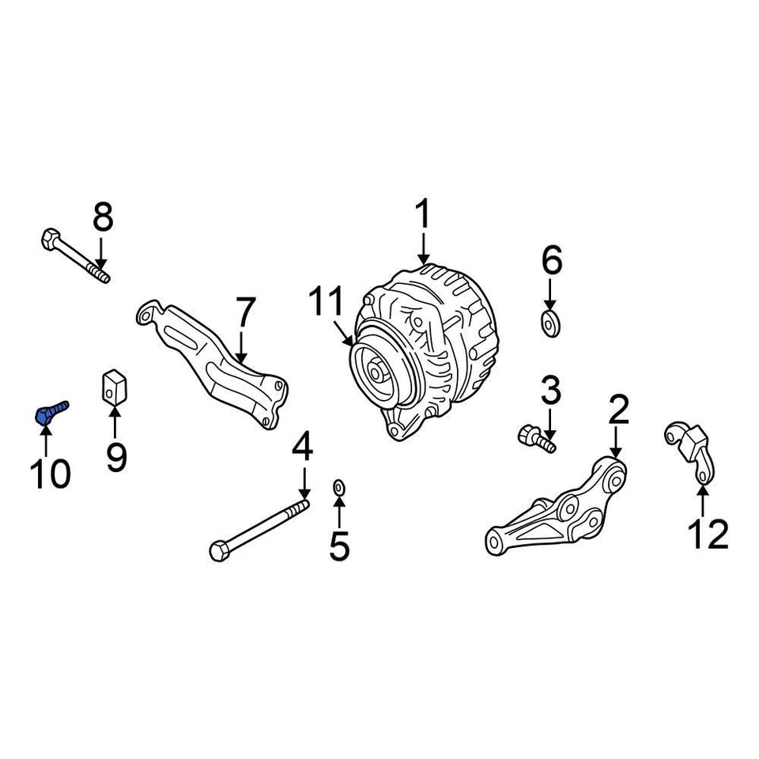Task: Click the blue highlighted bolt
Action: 50,413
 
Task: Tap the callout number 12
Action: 707,535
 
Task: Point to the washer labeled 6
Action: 550,323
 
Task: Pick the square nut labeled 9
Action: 115,385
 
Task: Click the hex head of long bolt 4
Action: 219,548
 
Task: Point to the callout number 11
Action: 327,304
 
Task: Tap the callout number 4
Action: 303,448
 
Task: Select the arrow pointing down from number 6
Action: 550,294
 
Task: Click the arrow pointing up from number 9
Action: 115,422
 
